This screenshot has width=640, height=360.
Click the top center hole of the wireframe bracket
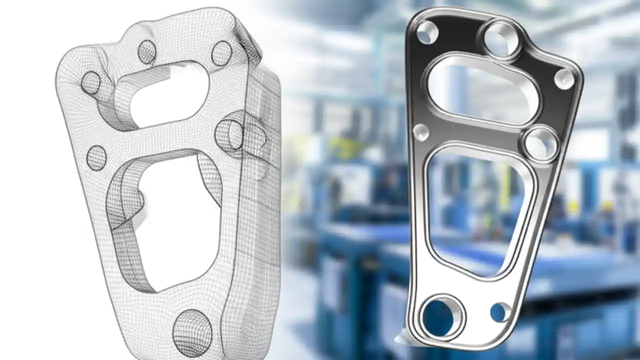click(147, 52)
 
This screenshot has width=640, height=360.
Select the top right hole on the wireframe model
click(221, 53)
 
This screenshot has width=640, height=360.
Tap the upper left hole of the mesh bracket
click(91, 83)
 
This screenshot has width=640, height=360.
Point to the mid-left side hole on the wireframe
click(96, 158)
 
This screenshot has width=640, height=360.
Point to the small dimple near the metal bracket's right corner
click(564, 79)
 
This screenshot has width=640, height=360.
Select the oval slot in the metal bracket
click(481, 90)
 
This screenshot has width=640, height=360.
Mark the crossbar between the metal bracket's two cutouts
click(475, 134)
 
